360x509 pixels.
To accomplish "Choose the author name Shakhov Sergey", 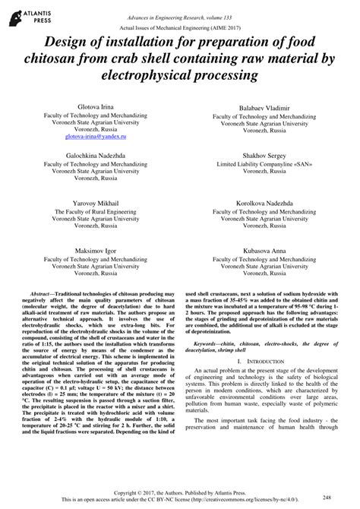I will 254,155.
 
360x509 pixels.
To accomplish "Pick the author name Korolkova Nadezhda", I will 254,204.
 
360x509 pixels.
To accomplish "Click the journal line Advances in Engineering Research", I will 178,8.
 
